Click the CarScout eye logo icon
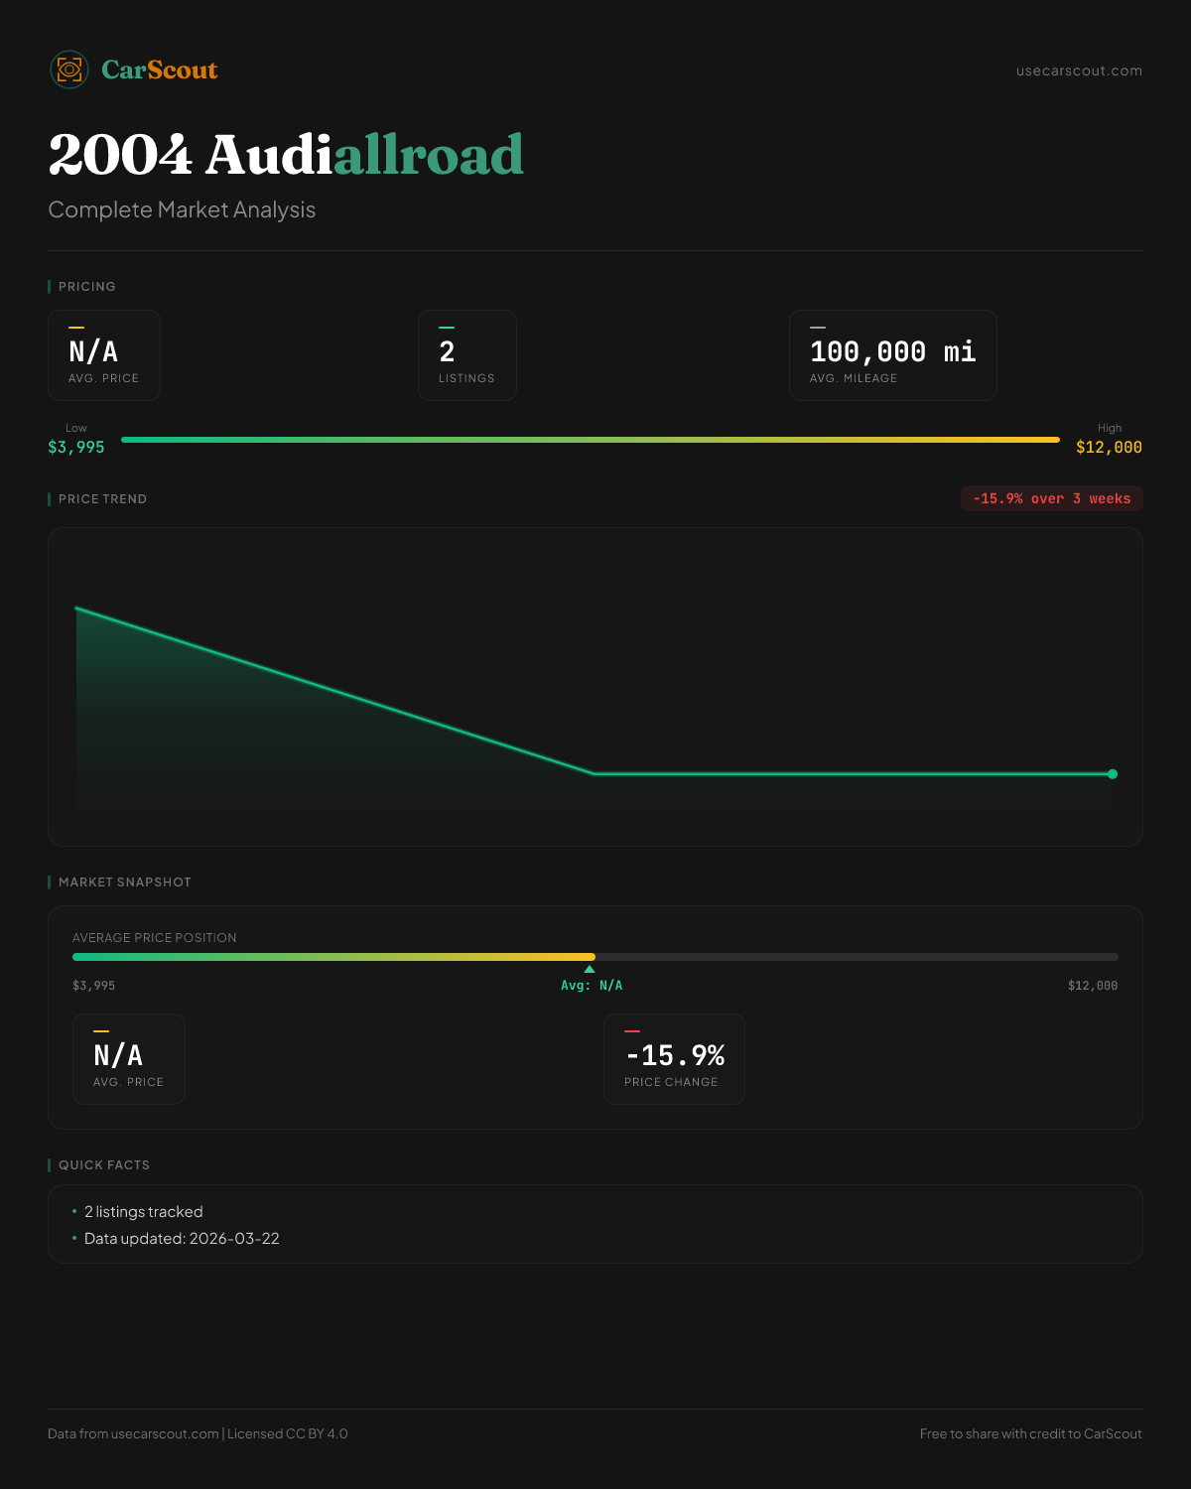pyautogui.click(x=69, y=69)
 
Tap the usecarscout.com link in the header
pyautogui.click(x=1079, y=70)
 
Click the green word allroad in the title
pyautogui.click(x=428, y=155)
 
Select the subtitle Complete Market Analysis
pyautogui.click(x=182, y=209)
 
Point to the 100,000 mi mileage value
pyautogui.click(x=892, y=351)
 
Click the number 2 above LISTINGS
pyautogui.click(x=447, y=351)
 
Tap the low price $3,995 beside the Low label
pyautogui.click(x=76, y=447)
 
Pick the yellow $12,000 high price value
pyautogui.click(x=1109, y=447)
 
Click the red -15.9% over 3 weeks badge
pyautogui.click(x=1051, y=498)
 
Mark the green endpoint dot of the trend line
pyautogui.click(x=1113, y=774)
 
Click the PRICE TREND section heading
pyautogui.click(x=102, y=499)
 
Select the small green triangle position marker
pyautogui.click(x=590, y=969)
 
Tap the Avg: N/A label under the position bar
pyautogui.click(x=592, y=986)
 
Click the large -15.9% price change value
pyautogui.click(x=675, y=1055)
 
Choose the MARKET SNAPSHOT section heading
pyautogui.click(x=124, y=882)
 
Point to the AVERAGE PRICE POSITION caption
pyautogui.click(x=155, y=938)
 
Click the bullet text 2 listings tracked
pyautogui.click(x=143, y=1212)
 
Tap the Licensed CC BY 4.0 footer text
pyautogui.click(x=288, y=1433)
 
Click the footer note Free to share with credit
pyautogui.click(x=1030, y=1433)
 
